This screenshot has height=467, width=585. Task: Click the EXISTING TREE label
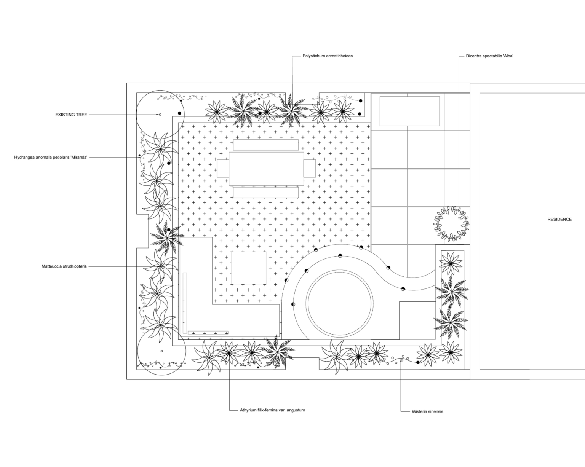coord(71,115)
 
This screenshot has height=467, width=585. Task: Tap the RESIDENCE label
coord(559,220)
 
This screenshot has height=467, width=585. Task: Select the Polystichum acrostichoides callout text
coord(328,56)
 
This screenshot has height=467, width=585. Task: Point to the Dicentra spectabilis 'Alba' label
coord(489,56)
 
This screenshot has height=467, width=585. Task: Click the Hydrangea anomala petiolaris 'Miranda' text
coord(51,157)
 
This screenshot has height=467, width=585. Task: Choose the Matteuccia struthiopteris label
coord(64,266)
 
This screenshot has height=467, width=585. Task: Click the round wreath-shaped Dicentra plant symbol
coord(451,224)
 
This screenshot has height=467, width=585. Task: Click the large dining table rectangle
coord(266,169)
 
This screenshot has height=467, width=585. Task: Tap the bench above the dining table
coord(266,145)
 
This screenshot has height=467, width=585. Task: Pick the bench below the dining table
coord(266,193)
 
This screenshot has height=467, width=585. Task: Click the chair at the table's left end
coord(223,169)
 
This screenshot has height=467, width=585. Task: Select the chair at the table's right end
coord(310,169)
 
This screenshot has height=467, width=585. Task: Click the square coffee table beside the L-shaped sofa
coord(248,268)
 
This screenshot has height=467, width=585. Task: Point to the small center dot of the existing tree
coord(160,115)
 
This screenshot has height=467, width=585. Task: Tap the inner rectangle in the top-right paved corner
coord(410,111)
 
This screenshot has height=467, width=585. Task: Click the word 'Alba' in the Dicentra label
coord(507,56)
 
